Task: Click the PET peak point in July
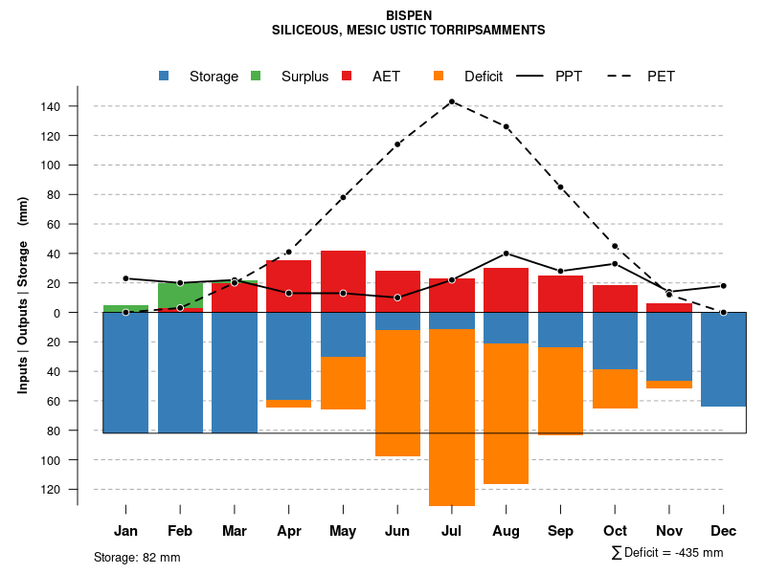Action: click(452, 101)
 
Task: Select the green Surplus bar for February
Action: click(180, 295)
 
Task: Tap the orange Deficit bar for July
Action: click(452, 417)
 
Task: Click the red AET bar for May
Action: click(343, 281)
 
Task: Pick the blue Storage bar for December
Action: click(723, 359)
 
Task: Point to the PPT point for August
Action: click(506, 254)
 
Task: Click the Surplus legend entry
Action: click(293, 77)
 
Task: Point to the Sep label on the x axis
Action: click(560, 531)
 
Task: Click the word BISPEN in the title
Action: click(409, 16)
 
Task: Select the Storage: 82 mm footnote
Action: click(137, 557)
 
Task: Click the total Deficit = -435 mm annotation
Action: click(666, 553)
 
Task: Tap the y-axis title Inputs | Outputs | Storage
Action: click(23, 295)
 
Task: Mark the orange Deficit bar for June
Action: click(397, 393)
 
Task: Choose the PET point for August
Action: click(506, 126)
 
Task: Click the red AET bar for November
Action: click(669, 308)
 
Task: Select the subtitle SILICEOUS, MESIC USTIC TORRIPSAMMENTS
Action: click(409, 31)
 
